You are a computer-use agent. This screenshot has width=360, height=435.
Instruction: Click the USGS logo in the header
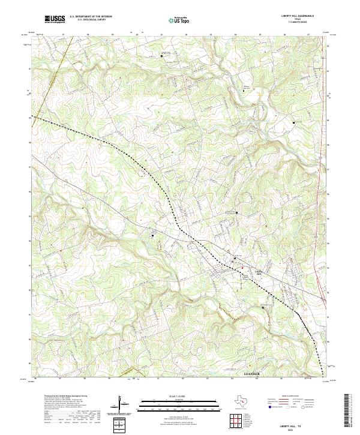click(55, 19)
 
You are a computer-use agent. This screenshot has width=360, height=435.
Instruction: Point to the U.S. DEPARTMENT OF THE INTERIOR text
click(91, 17)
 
